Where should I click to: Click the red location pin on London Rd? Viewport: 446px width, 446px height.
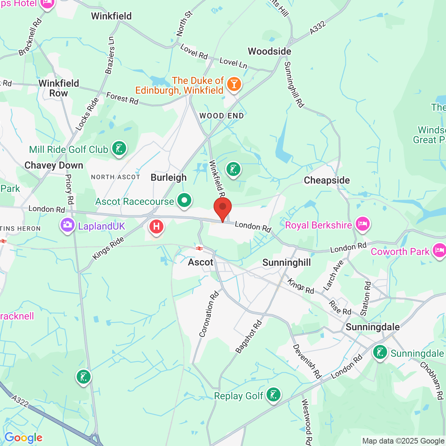223,207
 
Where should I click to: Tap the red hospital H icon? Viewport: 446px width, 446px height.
156,227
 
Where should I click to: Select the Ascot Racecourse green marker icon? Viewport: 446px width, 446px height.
184,201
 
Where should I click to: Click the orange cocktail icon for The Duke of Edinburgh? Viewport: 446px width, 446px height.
234,84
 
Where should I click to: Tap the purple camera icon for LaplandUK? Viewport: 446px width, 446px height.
67,225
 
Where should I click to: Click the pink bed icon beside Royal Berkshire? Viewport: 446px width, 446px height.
362,223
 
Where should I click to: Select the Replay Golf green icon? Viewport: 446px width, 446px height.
274,395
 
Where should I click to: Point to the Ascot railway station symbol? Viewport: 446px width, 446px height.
199,248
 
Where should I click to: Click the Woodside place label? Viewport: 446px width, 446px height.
269,52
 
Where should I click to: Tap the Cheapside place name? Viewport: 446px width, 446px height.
326,180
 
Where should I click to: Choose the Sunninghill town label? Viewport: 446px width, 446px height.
286,262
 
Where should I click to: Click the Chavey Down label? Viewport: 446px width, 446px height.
54,165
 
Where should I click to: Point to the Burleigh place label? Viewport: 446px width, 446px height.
169,177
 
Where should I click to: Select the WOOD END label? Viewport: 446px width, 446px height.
222,116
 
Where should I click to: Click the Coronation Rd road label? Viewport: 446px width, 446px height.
209,314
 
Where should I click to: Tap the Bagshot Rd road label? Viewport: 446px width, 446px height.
248,337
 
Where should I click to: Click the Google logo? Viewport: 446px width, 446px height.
23,438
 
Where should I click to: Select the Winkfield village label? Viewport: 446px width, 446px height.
111,16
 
